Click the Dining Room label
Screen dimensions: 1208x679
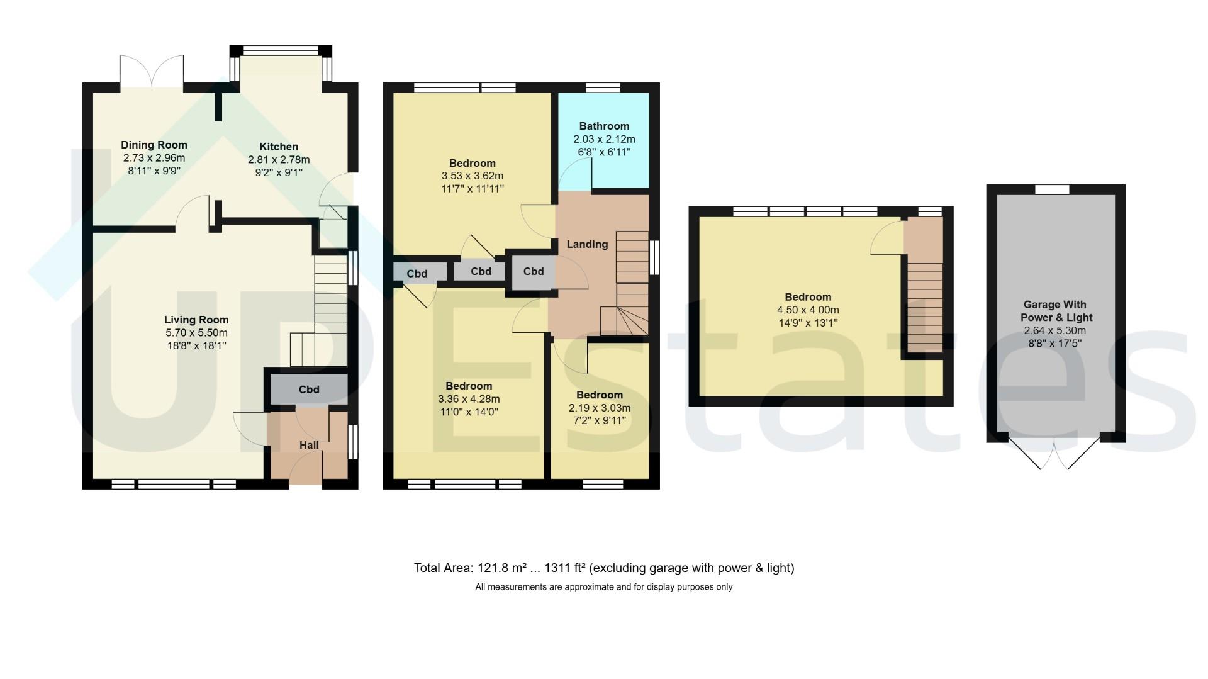(154, 145)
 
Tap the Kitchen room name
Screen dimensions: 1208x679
(279, 147)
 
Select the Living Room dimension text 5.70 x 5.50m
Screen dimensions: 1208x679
(196, 333)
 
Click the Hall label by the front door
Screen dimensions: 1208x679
(309, 445)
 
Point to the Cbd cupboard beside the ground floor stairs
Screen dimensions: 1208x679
(309, 390)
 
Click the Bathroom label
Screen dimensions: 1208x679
(604, 126)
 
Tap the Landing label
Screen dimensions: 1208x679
(587, 244)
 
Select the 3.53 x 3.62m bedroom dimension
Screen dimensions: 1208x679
(473, 176)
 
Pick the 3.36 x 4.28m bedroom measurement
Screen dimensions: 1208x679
(469, 399)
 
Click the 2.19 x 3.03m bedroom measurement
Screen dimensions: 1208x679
(599, 408)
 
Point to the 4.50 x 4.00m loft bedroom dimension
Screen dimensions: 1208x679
(808, 310)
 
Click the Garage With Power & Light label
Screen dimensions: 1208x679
(1056, 311)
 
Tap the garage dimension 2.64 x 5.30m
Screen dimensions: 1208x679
(1054, 331)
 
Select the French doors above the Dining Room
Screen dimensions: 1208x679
(152, 70)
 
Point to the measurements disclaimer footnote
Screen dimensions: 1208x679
(604, 587)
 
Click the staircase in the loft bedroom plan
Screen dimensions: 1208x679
(924, 307)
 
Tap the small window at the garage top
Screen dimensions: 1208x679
(1053, 189)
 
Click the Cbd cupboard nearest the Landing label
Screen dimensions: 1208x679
(533, 271)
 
